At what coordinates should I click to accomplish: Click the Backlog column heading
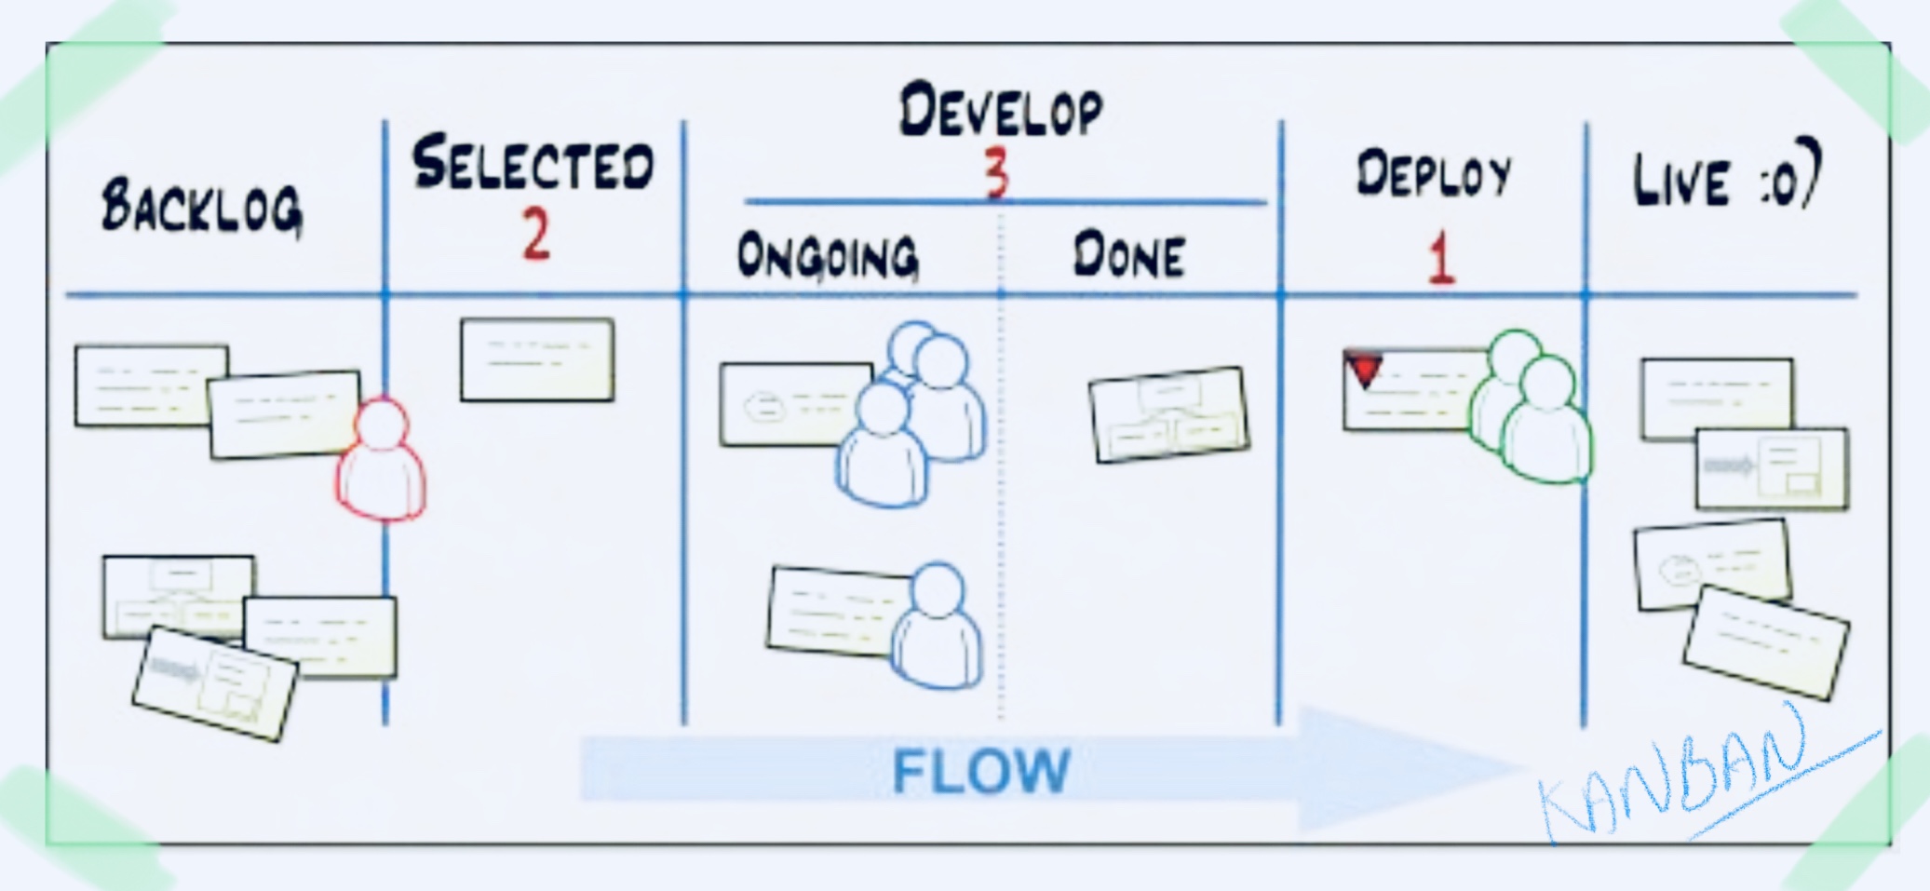tap(202, 207)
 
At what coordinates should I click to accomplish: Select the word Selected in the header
tap(533, 165)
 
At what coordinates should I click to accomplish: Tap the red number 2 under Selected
tap(536, 235)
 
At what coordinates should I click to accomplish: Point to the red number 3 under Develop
tap(997, 173)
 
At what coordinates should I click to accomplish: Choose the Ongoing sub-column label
tap(828, 256)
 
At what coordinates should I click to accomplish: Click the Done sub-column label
tap(1129, 256)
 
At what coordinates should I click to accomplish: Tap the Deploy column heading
tap(1434, 176)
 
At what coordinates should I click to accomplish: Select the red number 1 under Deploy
tap(1440, 258)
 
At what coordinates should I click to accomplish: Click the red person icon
tap(382, 461)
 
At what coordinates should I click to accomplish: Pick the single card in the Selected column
tap(537, 360)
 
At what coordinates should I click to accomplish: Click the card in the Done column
tap(1169, 414)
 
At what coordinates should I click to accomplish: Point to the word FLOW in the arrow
tap(981, 771)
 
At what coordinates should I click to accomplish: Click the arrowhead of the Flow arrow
tap(1397, 769)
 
